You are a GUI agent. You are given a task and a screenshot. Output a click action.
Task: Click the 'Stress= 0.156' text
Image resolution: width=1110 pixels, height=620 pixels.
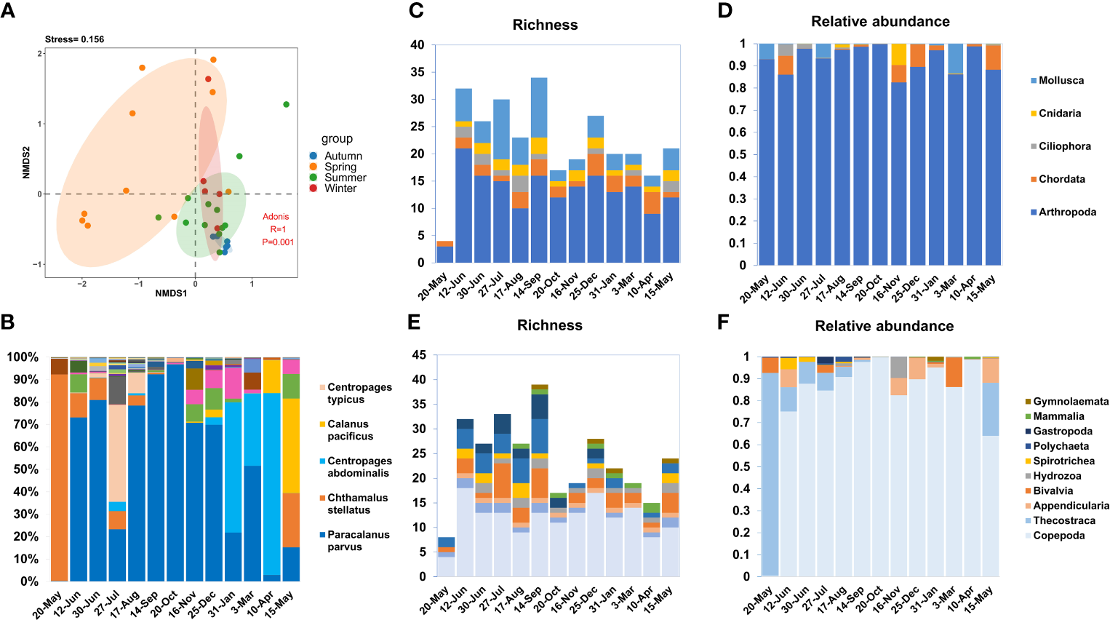click(x=74, y=39)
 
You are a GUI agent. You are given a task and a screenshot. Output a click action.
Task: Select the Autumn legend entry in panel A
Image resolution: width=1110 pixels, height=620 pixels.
click(x=343, y=156)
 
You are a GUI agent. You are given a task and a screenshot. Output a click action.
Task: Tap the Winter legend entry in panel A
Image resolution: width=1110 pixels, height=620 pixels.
click(x=340, y=188)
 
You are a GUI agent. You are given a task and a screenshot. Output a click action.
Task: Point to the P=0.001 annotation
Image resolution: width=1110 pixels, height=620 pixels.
click(x=278, y=242)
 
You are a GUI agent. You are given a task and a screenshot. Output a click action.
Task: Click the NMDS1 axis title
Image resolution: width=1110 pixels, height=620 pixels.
click(x=170, y=293)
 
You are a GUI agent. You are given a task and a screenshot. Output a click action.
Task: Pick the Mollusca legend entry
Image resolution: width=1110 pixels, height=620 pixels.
click(x=1061, y=81)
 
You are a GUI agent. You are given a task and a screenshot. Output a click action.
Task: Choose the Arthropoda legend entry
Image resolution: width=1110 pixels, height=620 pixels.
click(x=1066, y=212)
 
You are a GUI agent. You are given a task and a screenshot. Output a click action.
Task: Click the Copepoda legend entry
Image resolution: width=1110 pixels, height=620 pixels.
click(x=1058, y=536)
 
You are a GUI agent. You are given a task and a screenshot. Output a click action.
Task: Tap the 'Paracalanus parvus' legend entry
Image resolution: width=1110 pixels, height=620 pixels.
click(x=358, y=541)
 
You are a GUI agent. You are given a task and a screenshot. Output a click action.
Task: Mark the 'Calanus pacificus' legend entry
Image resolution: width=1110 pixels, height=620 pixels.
click(x=350, y=430)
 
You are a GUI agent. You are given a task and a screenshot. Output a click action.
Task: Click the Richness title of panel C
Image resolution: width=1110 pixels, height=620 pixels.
click(x=545, y=25)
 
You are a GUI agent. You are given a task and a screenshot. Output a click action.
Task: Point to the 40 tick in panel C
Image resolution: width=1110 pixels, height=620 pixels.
click(x=417, y=45)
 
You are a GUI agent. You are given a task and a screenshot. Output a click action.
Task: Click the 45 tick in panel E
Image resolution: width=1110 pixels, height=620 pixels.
click(x=418, y=355)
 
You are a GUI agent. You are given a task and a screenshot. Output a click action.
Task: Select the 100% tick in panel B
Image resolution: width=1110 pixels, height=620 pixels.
click(x=23, y=357)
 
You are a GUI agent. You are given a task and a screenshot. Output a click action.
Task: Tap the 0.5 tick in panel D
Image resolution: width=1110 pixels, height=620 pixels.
click(x=737, y=154)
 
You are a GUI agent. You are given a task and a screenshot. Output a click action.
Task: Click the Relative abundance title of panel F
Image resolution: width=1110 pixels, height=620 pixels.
click(x=884, y=326)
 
